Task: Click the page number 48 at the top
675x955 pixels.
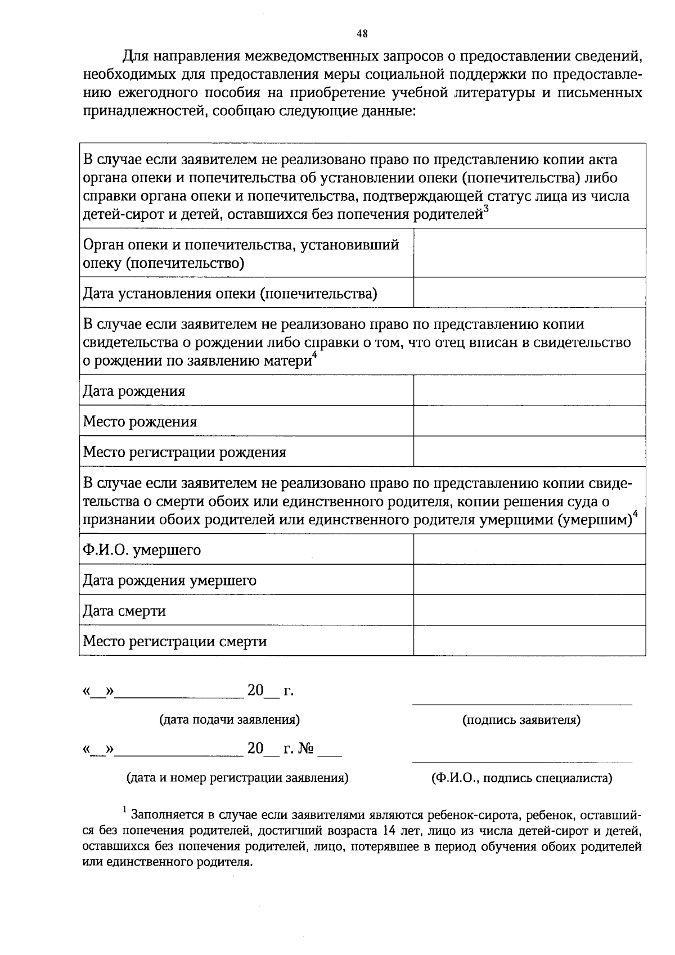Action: [362, 33]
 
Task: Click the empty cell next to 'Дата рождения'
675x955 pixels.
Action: [529, 390]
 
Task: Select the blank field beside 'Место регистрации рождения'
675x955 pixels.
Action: [529, 452]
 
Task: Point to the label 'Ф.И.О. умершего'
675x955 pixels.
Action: [142, 549]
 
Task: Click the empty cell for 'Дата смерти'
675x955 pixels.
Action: [529, 610]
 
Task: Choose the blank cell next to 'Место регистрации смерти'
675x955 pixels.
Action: [529, 641]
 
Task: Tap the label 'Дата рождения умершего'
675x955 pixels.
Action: [169, 580]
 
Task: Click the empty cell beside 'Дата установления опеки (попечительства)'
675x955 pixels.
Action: [529, 292]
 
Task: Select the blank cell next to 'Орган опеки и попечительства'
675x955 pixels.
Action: [529, 253]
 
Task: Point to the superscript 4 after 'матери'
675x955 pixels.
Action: [315, 355]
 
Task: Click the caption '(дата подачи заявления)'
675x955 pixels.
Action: [229, 719]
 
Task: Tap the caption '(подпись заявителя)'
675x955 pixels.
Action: [521, 720]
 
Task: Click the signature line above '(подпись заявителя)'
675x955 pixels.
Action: [522, 704]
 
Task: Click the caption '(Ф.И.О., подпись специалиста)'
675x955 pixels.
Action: [521, 778]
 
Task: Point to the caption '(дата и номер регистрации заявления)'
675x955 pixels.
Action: [237, 778]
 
